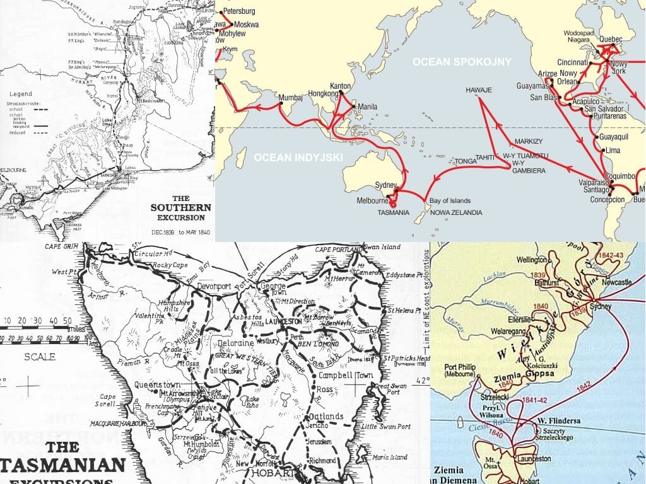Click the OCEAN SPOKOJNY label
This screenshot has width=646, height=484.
tap(462, 62)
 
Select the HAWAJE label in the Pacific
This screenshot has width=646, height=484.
tap(478, 91)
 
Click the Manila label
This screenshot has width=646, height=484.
tap(367, 107)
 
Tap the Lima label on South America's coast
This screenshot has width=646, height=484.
tap(613, 151)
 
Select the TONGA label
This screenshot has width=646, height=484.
tap(466, 161)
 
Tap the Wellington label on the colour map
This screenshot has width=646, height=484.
tap(531, 260)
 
